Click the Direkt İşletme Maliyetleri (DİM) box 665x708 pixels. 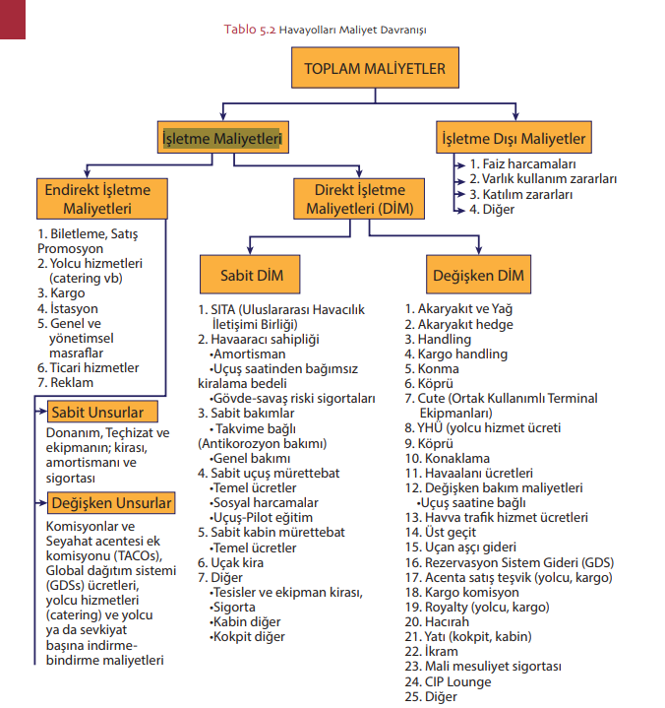[359, 199]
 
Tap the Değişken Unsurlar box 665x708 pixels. [111, 504]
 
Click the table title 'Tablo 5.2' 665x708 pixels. [250, 30]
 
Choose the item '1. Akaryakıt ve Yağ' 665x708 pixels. [458, 308]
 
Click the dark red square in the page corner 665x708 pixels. [12, 19]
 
